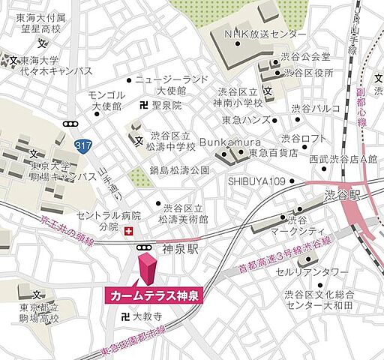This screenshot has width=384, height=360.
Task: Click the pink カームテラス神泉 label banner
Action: pyautogui.click(x=154, y=296)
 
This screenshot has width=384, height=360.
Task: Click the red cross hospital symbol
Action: pyautogui.click(x=128, y=231)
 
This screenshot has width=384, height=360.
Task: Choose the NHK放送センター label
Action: pyautogui.click(x=265, y=34)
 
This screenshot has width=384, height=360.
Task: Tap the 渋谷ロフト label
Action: pyautogui.click(x=304, y=139)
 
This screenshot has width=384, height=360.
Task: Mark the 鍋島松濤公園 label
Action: pyautogui.click(x=178, y=170)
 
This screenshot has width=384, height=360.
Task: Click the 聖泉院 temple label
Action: pyautogui.click(x=166, y=106)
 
